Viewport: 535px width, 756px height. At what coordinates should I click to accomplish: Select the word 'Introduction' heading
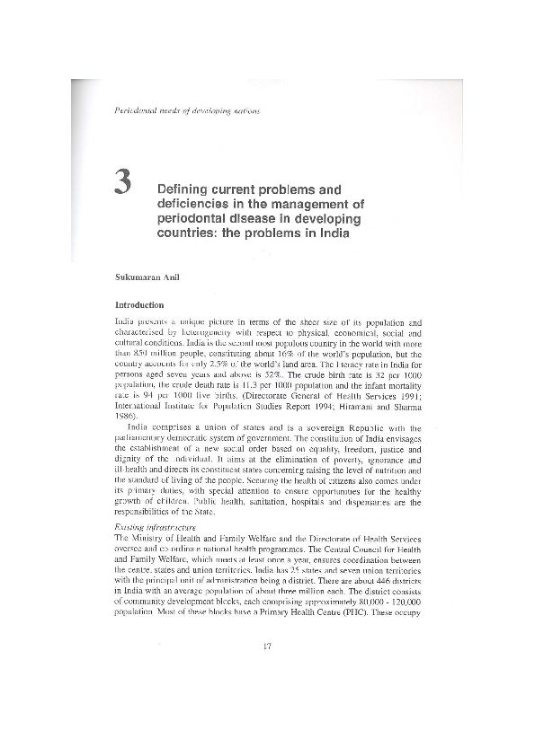[133, 304]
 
